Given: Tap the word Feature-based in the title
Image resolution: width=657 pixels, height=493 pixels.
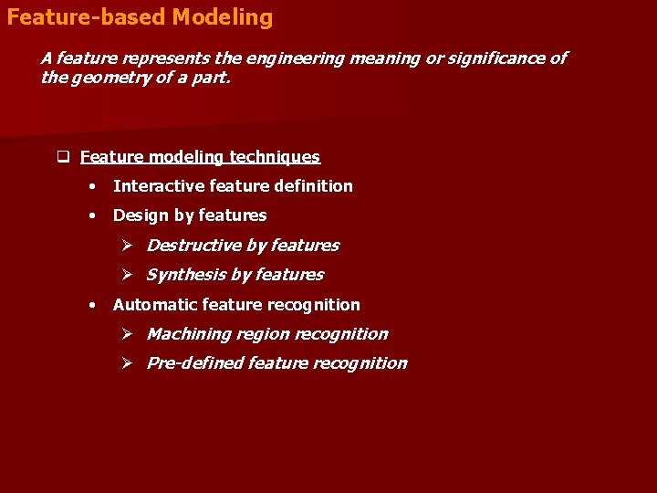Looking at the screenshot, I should (86, 17).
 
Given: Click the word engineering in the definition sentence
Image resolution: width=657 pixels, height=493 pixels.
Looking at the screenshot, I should (293, 58).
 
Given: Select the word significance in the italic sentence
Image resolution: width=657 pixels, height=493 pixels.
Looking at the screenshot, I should (497, 58).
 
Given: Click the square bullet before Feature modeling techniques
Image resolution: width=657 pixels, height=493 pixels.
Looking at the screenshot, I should (64, 157).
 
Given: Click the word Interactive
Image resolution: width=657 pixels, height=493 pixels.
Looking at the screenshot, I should (159, 186).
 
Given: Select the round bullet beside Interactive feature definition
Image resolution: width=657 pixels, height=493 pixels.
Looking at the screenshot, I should (92, 186).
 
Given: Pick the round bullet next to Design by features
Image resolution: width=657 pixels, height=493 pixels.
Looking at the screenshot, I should (92, 216).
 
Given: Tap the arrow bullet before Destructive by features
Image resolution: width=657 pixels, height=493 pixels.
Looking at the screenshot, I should (129, 246).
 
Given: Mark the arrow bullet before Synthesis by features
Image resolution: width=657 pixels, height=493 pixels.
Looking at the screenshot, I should (129, 275).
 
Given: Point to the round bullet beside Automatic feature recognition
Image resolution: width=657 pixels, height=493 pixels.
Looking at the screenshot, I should (92, 305).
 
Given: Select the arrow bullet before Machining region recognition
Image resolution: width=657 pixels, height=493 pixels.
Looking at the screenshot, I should (129, 334).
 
